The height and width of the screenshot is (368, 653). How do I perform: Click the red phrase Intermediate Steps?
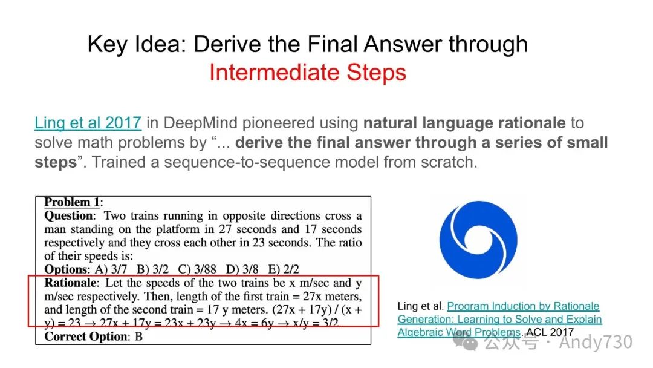coord(307,73)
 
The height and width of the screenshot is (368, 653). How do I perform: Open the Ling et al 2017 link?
coord(88,123)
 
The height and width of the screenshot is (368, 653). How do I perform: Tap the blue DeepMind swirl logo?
coord(478,240)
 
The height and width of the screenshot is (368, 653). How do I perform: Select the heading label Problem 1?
coord(72,202)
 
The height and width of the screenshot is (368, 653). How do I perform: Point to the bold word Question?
coord(69,216)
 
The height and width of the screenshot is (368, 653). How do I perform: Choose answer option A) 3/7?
coord(111,269)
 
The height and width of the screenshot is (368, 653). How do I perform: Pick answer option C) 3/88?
coord(197,269)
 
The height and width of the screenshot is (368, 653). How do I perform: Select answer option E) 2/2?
coord(284,269)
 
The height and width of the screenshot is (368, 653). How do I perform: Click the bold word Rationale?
coord(71,283)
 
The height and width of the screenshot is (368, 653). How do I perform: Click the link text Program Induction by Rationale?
coord(523,306)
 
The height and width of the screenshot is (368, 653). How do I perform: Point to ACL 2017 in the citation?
coord(550,332)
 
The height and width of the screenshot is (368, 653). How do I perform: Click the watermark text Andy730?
coord(596,342)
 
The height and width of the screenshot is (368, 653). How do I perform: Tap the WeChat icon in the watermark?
coord(466,342)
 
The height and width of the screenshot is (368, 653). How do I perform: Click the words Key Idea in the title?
coord(137,45)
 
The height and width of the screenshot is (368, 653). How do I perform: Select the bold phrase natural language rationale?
coord(464,123)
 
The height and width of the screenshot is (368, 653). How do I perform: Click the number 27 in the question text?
coord(225,229)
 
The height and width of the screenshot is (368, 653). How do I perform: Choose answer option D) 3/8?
coord(242,269)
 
